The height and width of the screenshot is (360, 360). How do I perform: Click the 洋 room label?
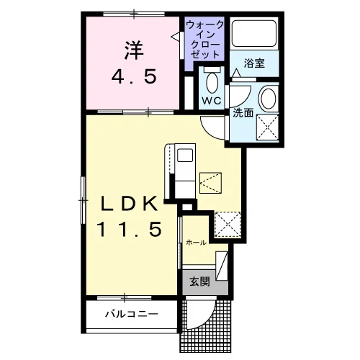click(x=134, y=50)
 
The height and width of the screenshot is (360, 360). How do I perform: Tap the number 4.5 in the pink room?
click(x=134, y=76)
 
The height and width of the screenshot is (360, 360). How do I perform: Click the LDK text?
click(x=130, y=204)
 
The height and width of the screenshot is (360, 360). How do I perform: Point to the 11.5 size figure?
click(x=130, y=229)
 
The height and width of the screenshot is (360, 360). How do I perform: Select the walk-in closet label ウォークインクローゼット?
click(x=205, y=40)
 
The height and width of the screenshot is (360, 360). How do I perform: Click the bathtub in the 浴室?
click(x=254, y=34)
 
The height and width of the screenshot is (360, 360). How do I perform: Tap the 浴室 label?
click(x=254, y=63)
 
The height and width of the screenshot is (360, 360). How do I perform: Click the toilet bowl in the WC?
click(x=212, y=83)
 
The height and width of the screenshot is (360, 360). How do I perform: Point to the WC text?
click(x=212, y=101)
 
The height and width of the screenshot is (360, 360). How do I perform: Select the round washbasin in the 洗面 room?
click(x=269, y=99)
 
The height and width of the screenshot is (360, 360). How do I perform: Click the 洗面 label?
click(x=243, y=113)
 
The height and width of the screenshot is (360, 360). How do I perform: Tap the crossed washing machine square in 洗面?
click(x=267, y=127)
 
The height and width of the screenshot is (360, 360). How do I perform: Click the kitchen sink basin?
click(x=185, y=156)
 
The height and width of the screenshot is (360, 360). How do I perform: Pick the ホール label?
click(x=197, y=243)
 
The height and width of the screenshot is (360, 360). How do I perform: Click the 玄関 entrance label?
click(x=200, y=282)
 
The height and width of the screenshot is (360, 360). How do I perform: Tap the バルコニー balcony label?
click(x=132, y=314)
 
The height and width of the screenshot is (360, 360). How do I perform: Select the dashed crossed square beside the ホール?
click(x=228, y=225)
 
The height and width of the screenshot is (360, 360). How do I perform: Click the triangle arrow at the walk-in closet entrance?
click(x=175, y=37)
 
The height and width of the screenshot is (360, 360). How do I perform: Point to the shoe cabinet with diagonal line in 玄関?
click(x=222, y=266)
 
